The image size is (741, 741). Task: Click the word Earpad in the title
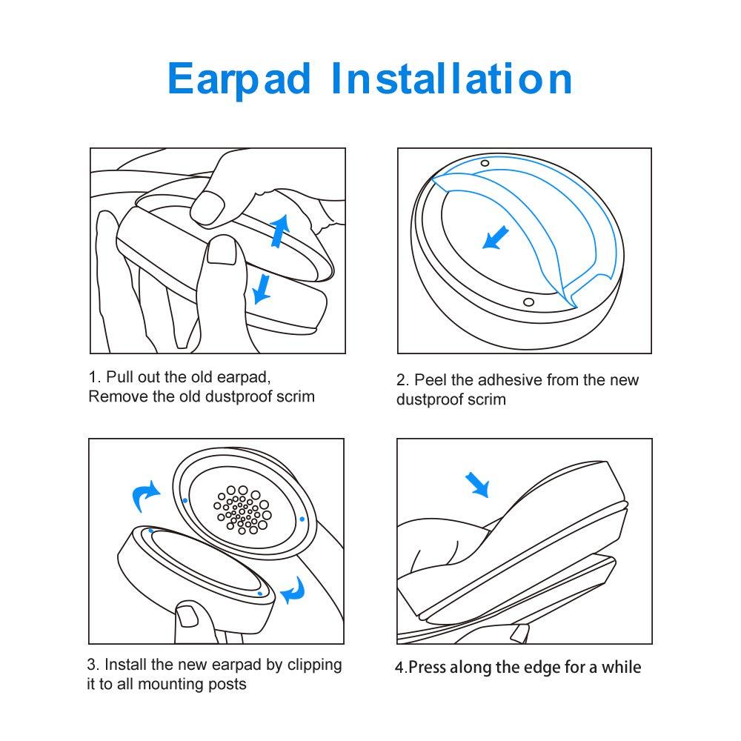[239, 79]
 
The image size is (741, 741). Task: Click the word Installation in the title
[451, 79]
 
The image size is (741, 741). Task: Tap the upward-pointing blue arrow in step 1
[279, 230]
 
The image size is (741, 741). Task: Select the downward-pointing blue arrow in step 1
[261, 287]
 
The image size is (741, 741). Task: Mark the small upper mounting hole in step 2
[485, 163]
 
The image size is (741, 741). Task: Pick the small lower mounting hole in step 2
[528, 301]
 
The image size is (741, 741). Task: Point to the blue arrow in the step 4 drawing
[478, 485]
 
